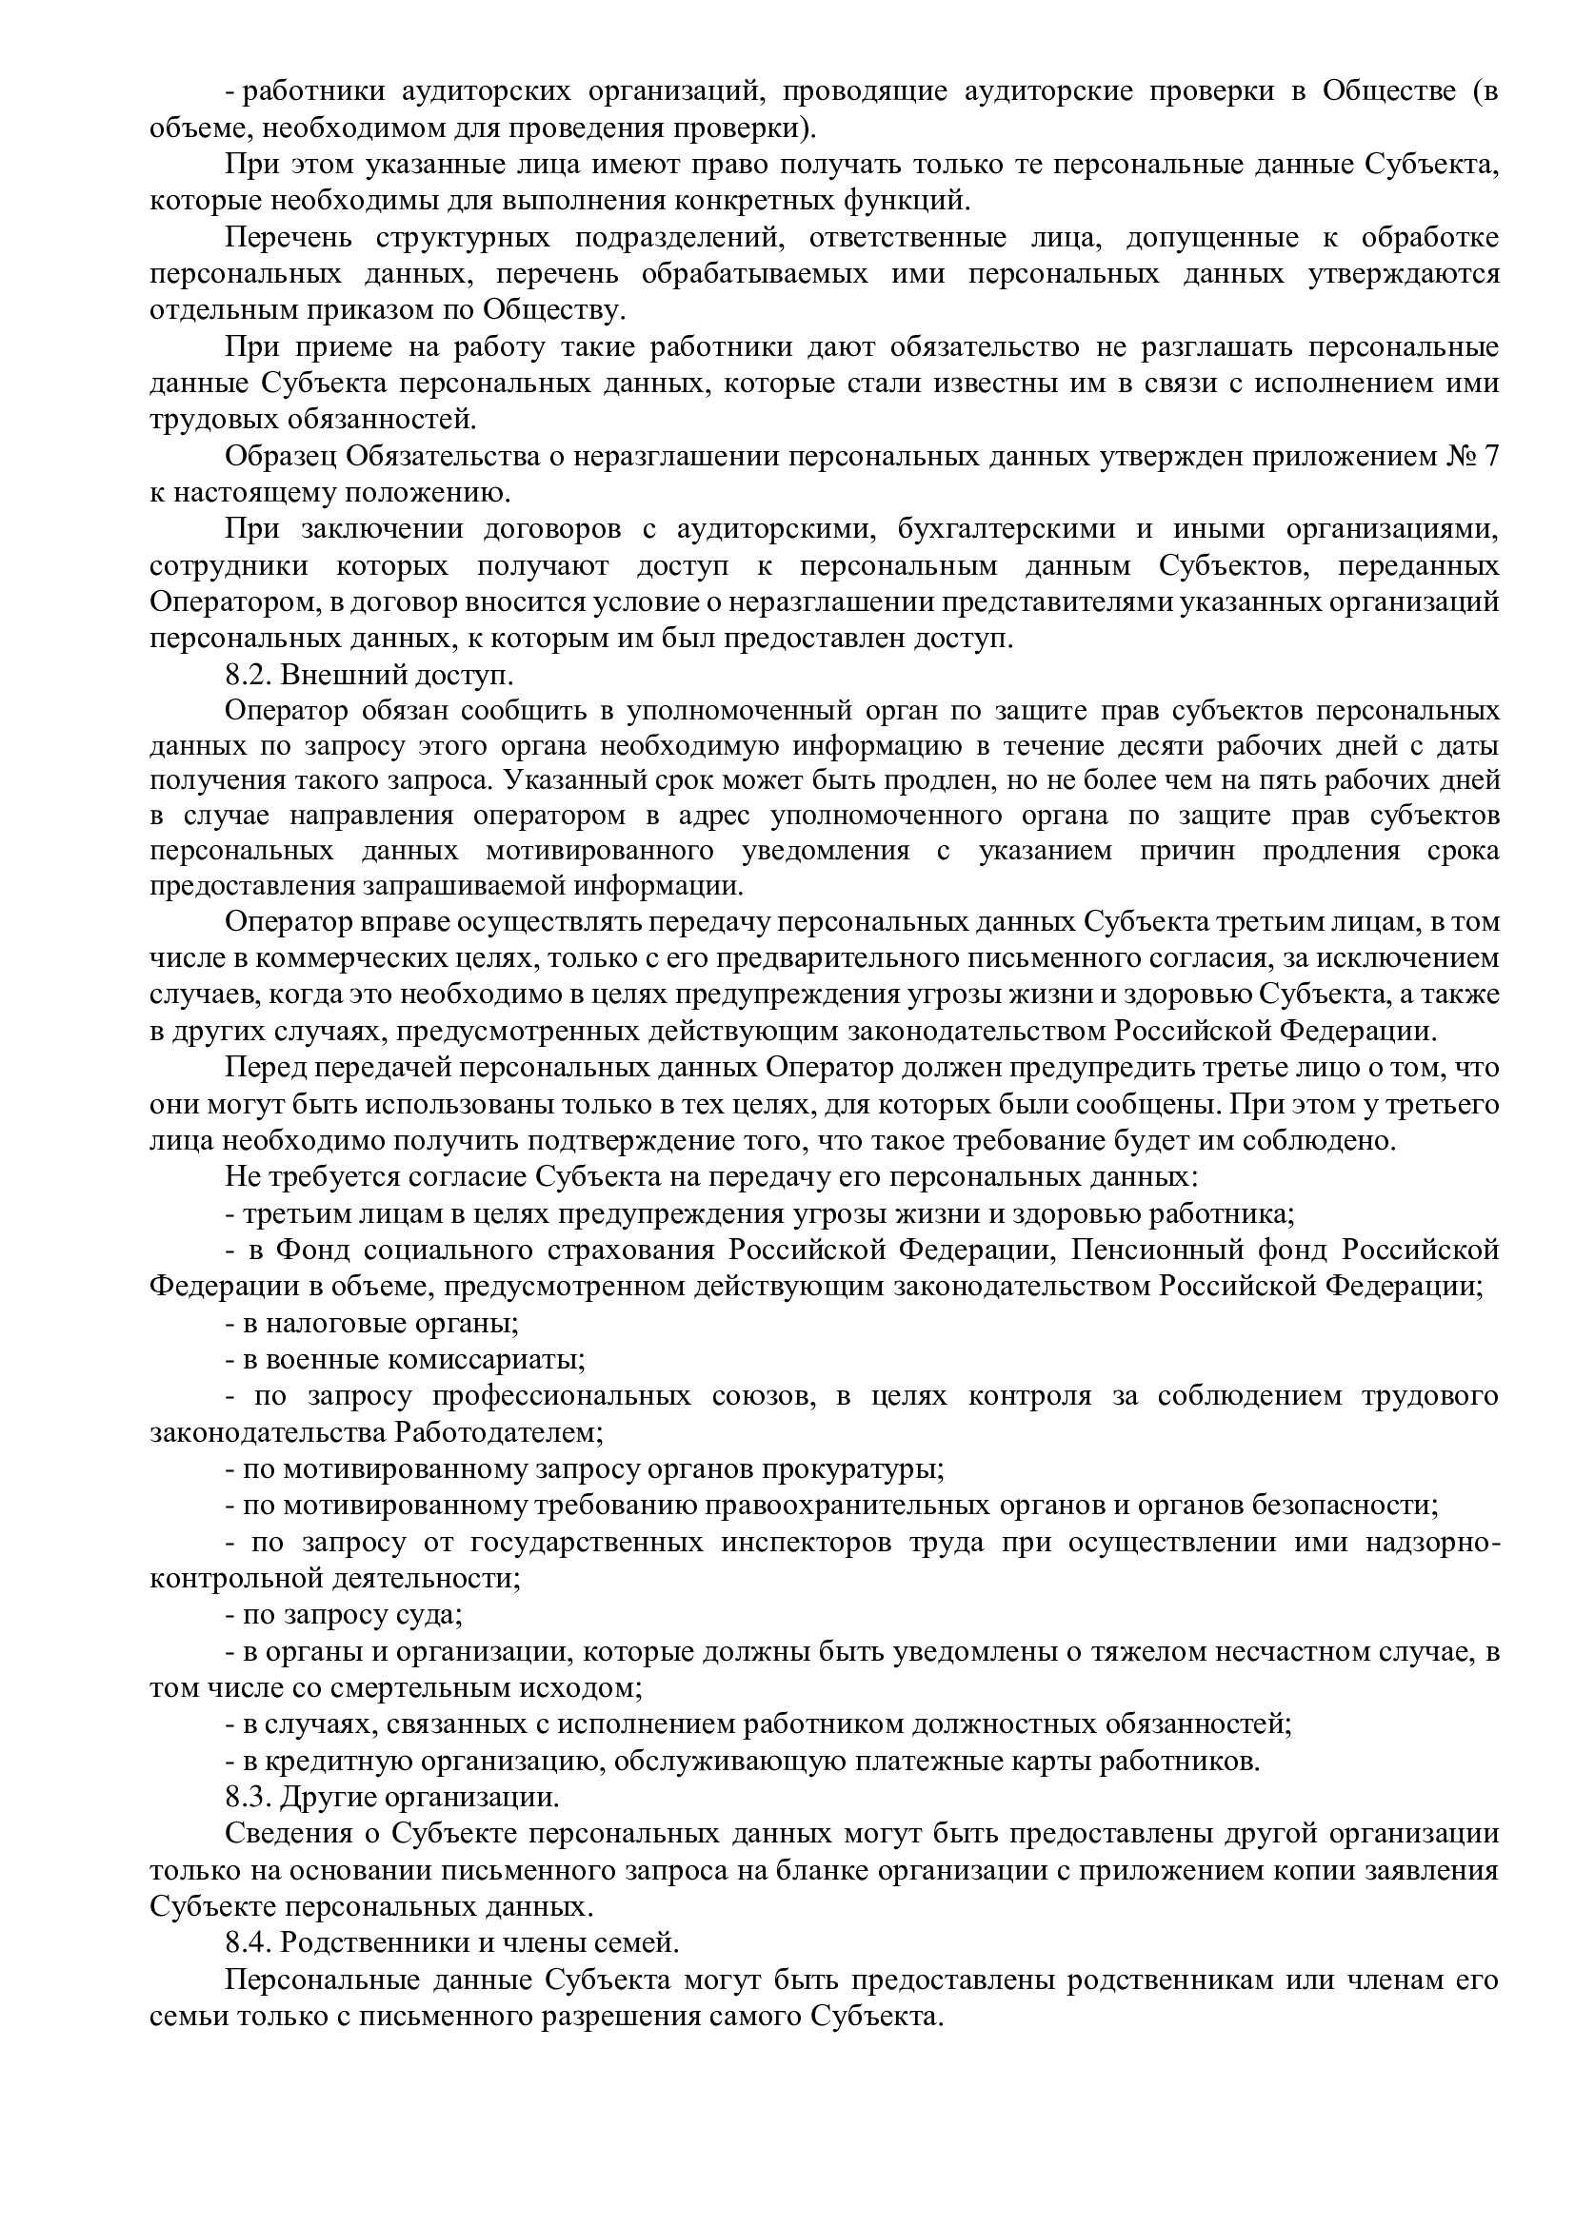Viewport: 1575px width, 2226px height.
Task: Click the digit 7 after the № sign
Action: click(x=1489, y=457)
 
